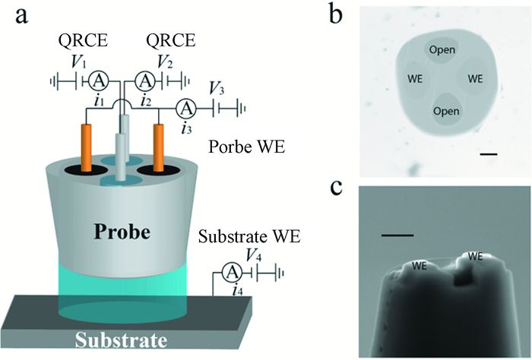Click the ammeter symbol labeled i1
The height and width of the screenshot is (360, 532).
point(98,80)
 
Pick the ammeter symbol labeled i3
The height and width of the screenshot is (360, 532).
point(185,108)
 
